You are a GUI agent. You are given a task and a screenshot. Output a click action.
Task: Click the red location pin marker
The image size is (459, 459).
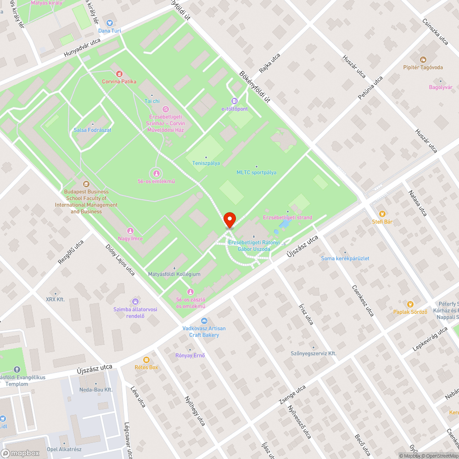(x=229, y=219)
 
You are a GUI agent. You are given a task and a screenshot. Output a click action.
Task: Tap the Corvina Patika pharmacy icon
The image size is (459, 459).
(x=119, y=73)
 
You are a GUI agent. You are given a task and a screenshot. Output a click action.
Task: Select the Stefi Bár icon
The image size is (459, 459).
(x=382, y=213)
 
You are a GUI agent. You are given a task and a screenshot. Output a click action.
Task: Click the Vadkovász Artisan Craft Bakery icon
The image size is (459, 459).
(x=204, y=320)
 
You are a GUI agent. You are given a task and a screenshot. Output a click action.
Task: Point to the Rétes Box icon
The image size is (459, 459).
(x=146, y=359)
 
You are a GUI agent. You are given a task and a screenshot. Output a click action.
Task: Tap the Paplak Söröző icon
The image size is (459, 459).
(x=410, y=304)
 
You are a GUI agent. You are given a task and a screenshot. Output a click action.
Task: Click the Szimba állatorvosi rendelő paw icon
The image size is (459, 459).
(x=135, y=302)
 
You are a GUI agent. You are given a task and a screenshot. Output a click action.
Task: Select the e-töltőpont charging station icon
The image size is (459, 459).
(x=235, y=101)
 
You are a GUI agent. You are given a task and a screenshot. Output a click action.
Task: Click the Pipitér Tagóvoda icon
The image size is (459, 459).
(x=423, y=59)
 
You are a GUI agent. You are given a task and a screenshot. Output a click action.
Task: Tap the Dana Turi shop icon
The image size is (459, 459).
(x=110, y=22)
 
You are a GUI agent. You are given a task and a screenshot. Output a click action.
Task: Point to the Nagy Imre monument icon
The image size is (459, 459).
(x=130, y=230)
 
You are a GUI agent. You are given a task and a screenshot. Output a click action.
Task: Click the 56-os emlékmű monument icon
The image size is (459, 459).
(x=157, y=173)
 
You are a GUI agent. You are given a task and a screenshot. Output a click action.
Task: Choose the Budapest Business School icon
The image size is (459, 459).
(x=86, y=184)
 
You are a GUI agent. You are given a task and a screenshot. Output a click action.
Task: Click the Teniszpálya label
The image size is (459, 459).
(x=206, y=163)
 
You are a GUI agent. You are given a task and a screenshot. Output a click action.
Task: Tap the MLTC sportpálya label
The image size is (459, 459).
(x=256, y=173)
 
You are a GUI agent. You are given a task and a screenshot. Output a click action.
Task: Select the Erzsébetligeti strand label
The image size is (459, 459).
(x=287, y=217)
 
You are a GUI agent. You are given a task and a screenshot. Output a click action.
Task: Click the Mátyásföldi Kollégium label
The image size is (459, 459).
(x=174, y=274)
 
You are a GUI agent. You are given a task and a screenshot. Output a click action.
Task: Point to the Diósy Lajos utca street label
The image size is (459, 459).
(x=120, y=259)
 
